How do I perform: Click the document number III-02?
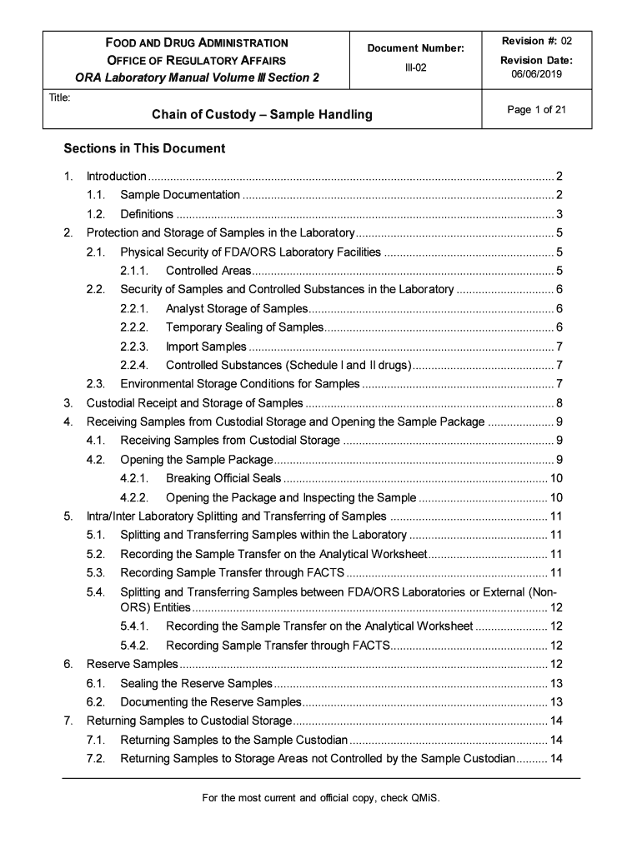(415, 67)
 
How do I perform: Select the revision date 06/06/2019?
(537, 74)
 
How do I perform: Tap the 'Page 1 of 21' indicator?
(537, 109)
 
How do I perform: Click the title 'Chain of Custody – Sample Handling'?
(262, 114)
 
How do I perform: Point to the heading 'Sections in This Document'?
(144, 149)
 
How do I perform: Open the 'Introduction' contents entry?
(117, 176)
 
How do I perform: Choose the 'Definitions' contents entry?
(147, 214)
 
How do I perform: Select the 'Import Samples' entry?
(206, 347)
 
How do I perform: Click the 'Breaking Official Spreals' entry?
(223, 479)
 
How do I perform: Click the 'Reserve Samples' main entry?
(133, 664)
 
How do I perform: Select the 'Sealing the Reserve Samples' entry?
(196, 683)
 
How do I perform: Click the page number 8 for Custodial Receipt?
(559, 403)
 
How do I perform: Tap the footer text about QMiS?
(321, 798)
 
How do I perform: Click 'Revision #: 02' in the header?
(537, 41)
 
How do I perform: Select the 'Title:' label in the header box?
(59, 98)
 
